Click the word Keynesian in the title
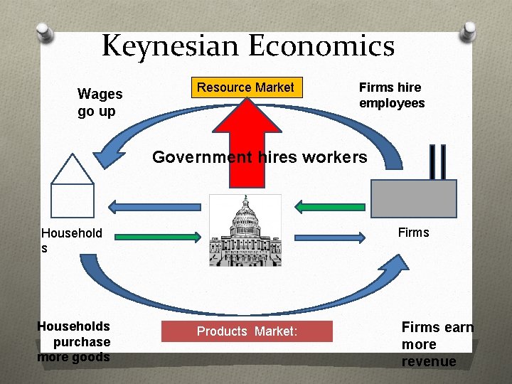coord(171,47)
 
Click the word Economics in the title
coord(321,47)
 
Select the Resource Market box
coord(245,87)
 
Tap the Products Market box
coord(246,331)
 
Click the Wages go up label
coord(100,102)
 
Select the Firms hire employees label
coord(391,95)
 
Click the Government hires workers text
coord(260,157)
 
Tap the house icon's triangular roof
coord(73,170)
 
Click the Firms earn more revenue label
coord(437,344)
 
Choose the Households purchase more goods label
coord(74,341)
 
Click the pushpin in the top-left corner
coord(45,31)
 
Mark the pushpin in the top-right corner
coord(469,31)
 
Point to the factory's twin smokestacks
coord(438,161)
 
